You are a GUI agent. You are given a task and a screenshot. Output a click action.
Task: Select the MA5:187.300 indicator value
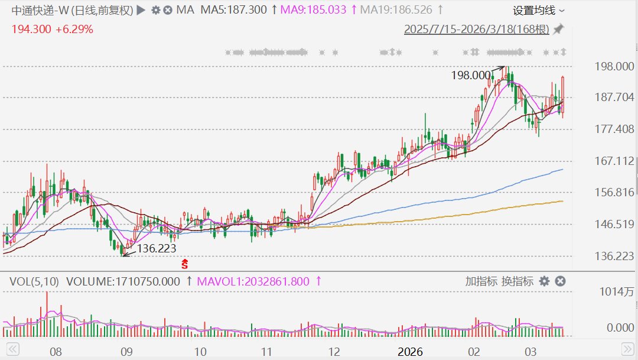[x=235, y=10]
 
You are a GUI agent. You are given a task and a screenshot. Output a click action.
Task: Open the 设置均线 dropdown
[x=538, y=11]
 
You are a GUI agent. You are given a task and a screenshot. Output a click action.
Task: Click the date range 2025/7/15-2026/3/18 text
[x=476, y=29]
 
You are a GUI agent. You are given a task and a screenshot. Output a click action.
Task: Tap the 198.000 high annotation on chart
[x=471, y=75]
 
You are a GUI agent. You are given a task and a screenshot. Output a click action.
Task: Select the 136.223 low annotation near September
[x=157, y=249]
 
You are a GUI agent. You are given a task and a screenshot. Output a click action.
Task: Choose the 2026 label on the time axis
[x=410, y=352]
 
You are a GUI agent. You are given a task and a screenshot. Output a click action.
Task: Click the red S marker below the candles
[x=184, y=263]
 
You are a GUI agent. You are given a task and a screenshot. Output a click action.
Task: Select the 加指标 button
[x=481, y=281]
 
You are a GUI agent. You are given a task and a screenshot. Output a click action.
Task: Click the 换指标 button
[x=517, y=281]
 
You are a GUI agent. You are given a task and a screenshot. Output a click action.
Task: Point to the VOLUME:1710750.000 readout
[x=123, y=281]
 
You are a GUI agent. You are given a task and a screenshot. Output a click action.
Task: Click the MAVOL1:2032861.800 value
[x=253, y=281]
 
